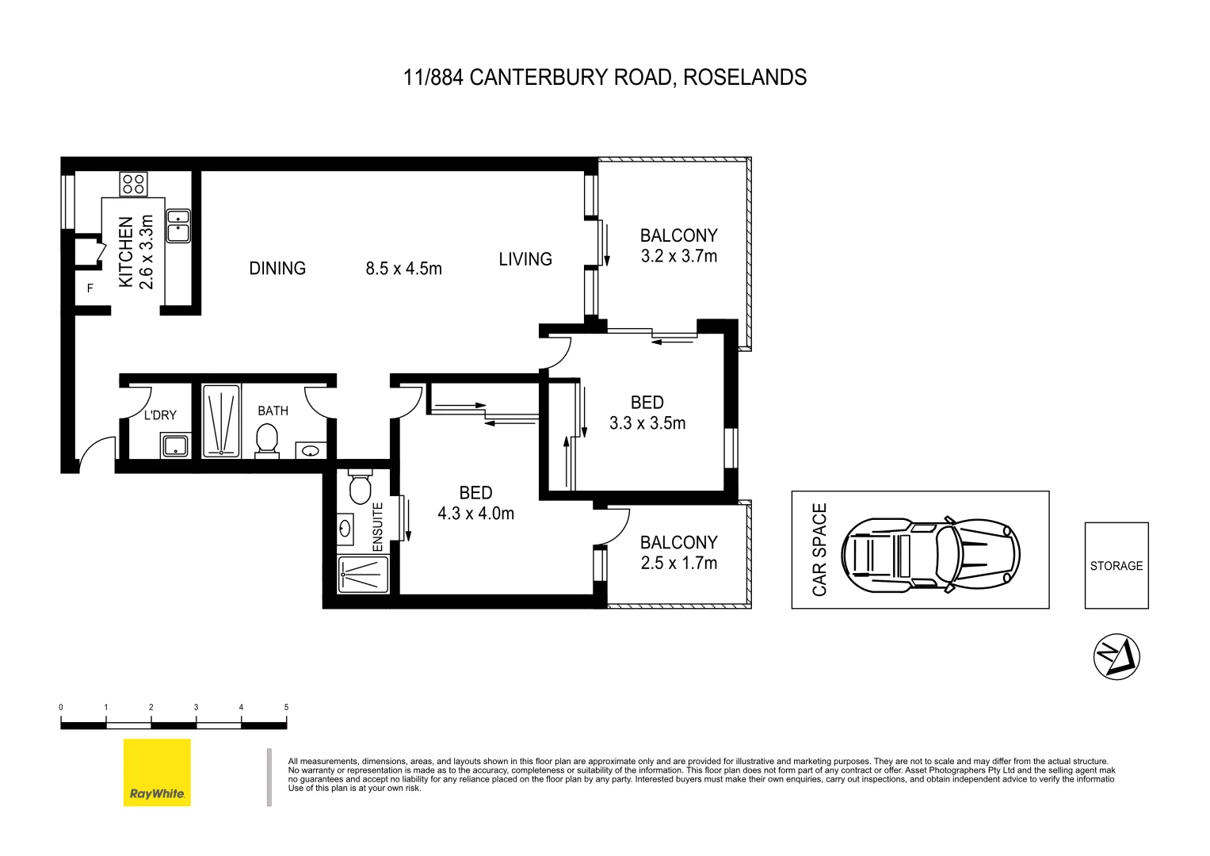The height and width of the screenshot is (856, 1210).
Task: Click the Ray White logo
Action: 157,772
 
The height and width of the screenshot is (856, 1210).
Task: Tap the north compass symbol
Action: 1116,656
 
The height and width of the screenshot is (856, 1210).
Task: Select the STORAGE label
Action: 1116,566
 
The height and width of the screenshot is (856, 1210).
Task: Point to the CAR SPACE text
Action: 819,549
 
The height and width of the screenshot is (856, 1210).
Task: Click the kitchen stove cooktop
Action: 133,184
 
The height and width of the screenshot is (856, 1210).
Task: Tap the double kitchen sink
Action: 177,225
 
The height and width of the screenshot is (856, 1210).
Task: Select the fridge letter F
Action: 90,289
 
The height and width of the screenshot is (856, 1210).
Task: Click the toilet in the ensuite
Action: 361,487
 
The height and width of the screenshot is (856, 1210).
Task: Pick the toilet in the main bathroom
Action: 267,440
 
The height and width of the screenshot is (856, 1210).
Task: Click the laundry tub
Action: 175,445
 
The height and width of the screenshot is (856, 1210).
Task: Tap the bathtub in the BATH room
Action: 221,421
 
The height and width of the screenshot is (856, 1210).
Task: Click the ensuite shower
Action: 363,575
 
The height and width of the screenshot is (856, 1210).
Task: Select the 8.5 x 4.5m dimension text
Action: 403,269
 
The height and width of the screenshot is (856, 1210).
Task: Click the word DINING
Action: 277,269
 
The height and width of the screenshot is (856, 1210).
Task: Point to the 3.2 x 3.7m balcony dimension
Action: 679,256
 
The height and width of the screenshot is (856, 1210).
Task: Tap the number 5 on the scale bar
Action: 286,707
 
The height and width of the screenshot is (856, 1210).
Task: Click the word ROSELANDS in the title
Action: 745,78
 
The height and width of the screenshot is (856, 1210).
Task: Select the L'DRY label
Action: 160,415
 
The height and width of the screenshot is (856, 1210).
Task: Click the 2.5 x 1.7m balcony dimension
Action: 679,563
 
